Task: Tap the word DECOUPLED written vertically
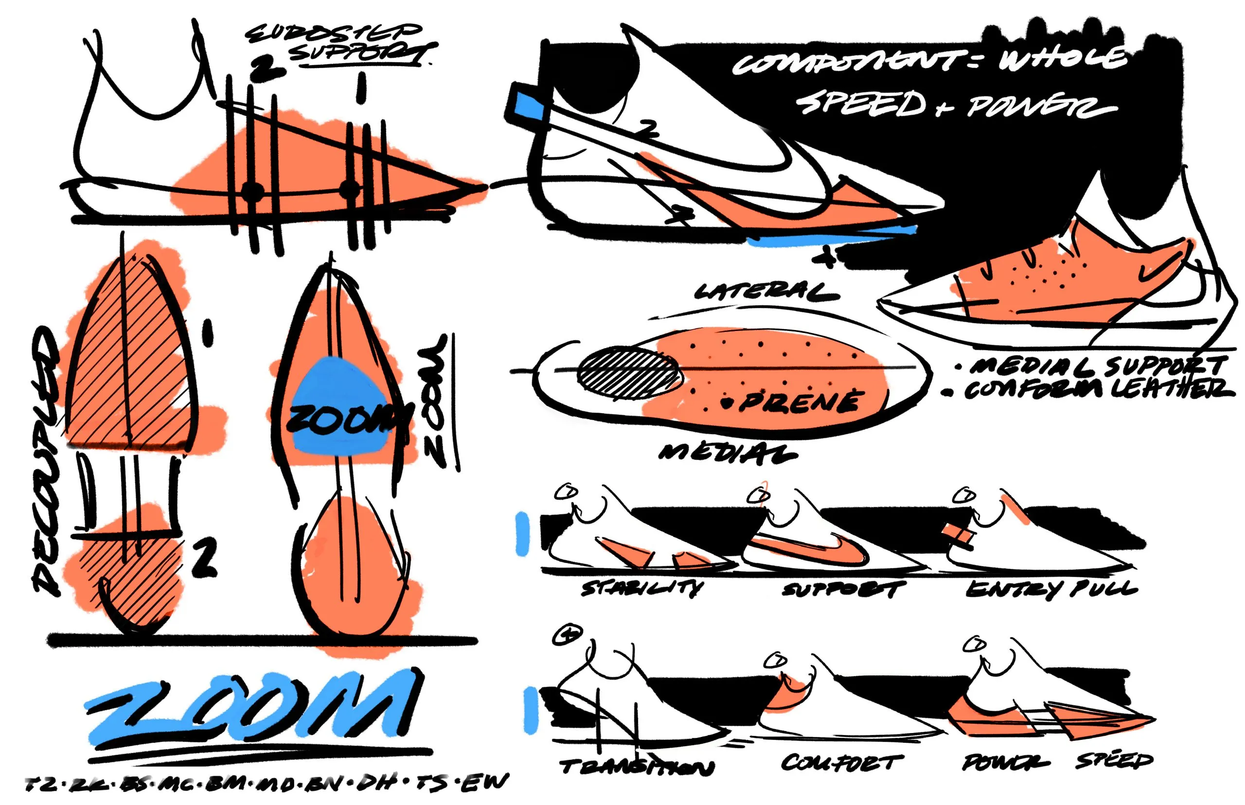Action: coord(46,460)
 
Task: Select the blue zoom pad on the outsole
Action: coord(340,405)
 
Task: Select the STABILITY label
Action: coord(642,589)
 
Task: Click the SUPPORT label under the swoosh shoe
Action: coord(843,590)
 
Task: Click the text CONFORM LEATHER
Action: coord(1098,389)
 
